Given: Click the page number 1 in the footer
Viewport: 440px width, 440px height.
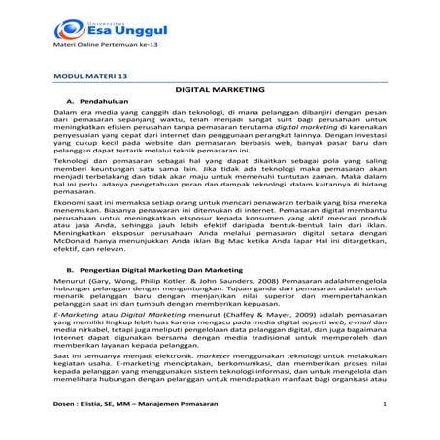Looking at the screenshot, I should click(385, 429).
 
